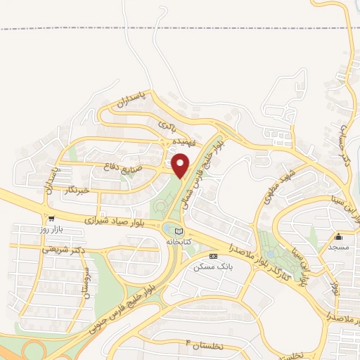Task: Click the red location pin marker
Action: coord(181,166)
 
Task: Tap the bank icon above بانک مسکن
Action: coord(214,257)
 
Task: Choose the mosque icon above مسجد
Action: coord(338,237)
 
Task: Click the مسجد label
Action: coord(338,247)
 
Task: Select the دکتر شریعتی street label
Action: coord(64,249)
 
